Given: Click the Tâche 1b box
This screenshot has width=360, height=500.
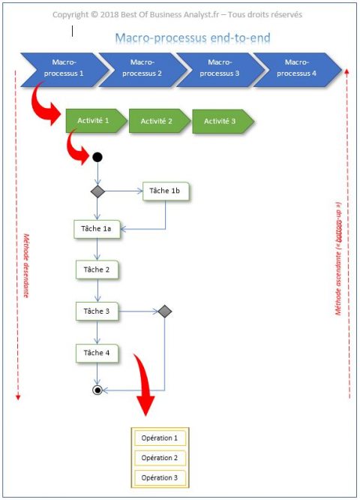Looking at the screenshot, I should click(x=165, y=192).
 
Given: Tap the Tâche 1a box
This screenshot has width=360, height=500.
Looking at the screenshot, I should click(x=97, y=229).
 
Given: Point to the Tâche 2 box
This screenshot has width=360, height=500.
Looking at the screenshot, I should click(x=97, y=270).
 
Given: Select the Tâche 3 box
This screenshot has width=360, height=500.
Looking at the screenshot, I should click(x=97, y=311).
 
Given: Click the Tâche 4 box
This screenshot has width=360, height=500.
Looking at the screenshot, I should click(x=97, y=352).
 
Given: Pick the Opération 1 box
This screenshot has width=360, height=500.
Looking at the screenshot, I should click(x=159, y=438).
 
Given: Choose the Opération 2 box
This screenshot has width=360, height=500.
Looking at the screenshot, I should click(x=159, y=457).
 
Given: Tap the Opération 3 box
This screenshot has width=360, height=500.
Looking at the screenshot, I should click(x=159, y=477).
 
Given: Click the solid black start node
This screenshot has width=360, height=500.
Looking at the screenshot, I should click(x=97, y=158).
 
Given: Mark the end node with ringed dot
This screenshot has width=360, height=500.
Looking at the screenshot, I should click(x=97, y=390).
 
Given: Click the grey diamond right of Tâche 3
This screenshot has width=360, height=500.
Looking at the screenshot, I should click(x=164, y=311).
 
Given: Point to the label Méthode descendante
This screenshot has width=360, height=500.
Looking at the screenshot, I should click(x=25, y=264).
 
